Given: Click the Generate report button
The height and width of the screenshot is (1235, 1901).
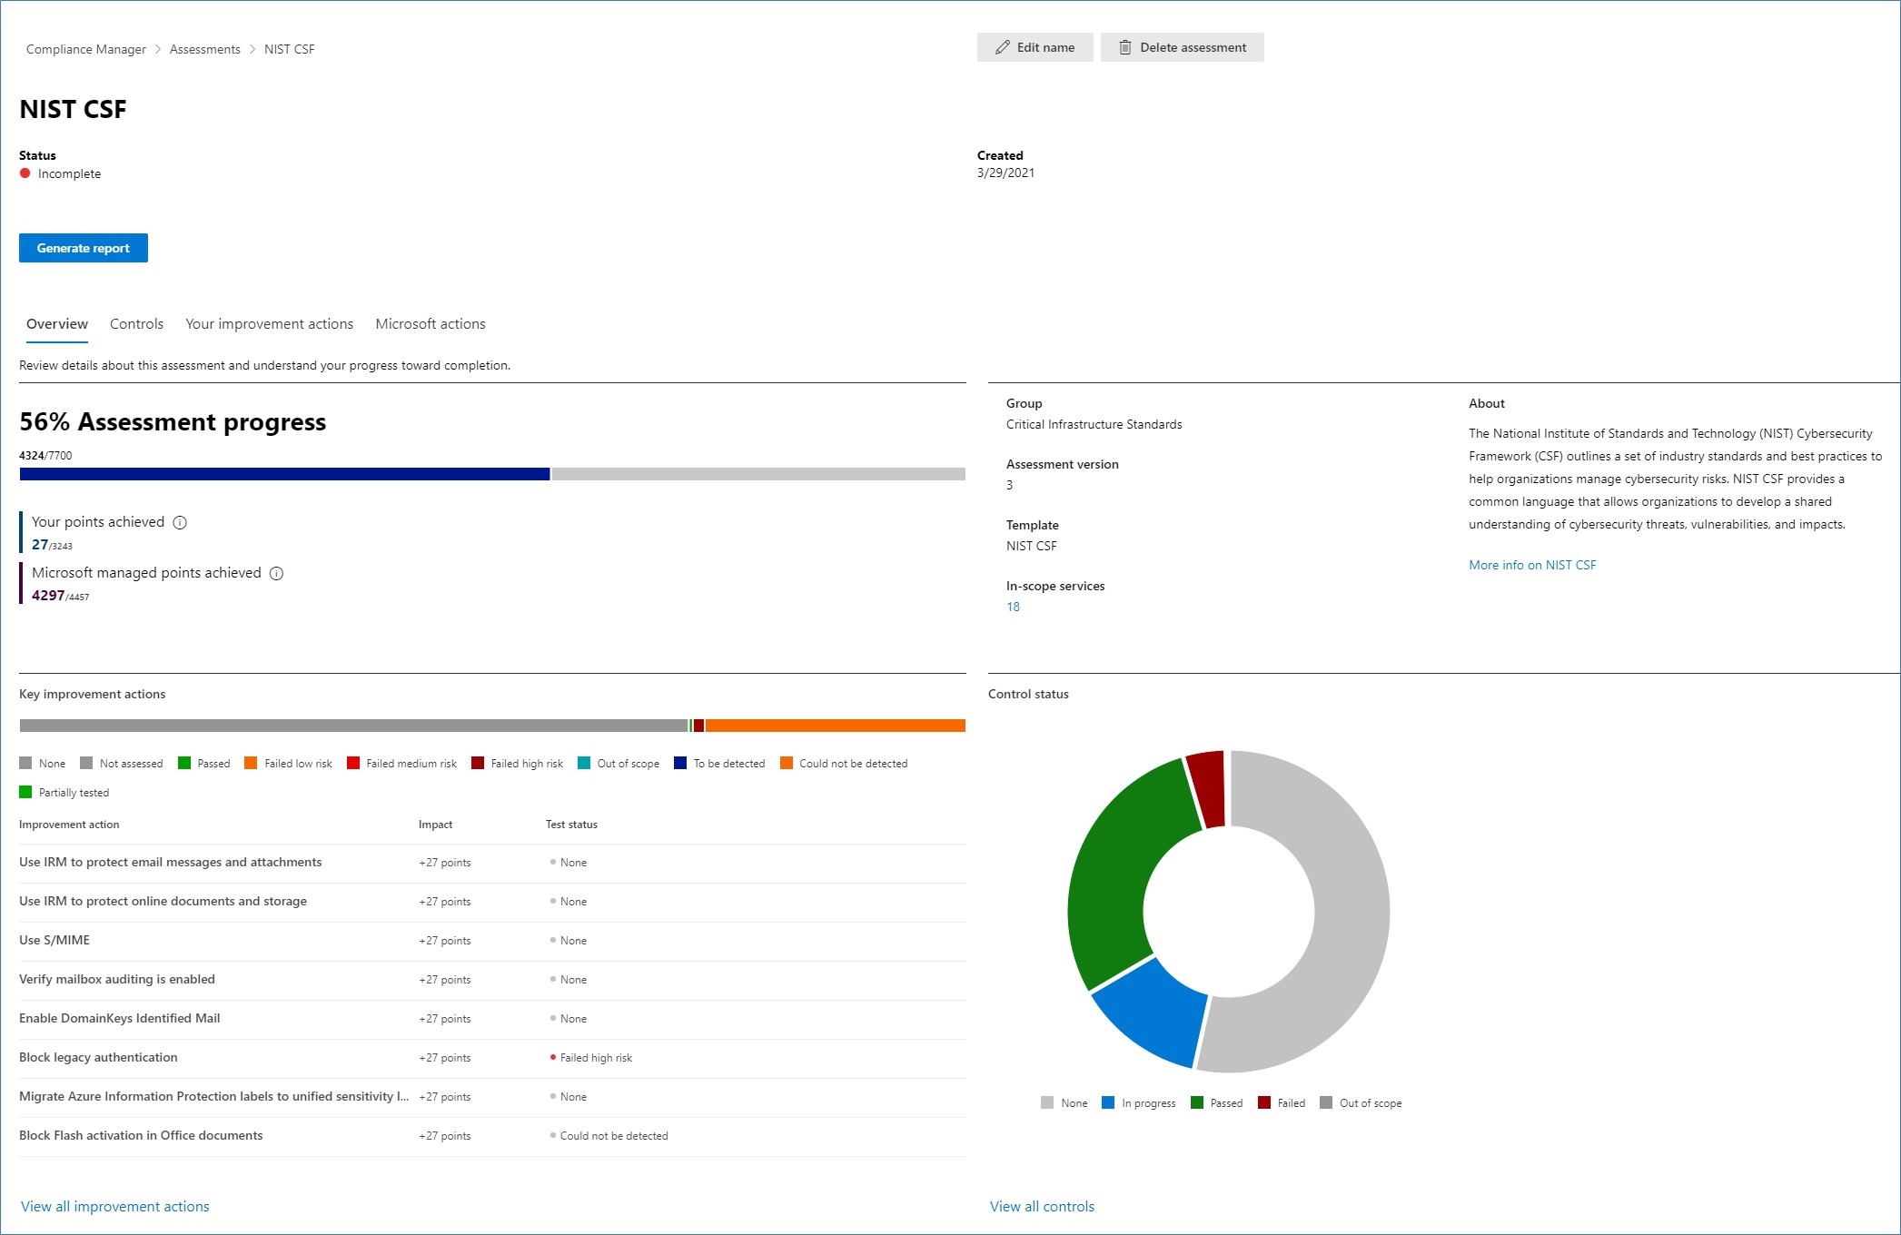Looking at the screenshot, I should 83,248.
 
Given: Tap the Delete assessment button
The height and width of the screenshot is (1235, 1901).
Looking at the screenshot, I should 1182,47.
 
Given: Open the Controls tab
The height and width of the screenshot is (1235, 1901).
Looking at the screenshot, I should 136,324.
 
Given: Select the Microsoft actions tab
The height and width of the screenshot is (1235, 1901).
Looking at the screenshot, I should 430,324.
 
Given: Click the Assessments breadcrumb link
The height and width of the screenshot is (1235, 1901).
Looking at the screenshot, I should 204,49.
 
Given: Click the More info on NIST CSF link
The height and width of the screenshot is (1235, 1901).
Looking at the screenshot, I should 1531,565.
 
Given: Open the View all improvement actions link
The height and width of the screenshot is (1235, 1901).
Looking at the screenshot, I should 114,1206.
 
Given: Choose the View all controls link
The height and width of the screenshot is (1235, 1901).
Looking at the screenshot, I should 1042,1206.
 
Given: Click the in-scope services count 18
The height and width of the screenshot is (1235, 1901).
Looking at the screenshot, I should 1013,607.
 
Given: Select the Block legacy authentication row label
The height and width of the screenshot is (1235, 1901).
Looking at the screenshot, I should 98,1057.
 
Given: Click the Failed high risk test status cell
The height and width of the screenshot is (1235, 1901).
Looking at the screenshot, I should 595,1058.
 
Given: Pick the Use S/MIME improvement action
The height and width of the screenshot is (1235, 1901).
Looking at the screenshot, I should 54,940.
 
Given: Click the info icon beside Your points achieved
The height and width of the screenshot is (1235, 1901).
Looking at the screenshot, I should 180,522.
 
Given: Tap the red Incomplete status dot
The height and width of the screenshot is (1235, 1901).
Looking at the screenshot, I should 25,173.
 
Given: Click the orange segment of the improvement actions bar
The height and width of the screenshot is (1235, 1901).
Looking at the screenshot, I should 835,726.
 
